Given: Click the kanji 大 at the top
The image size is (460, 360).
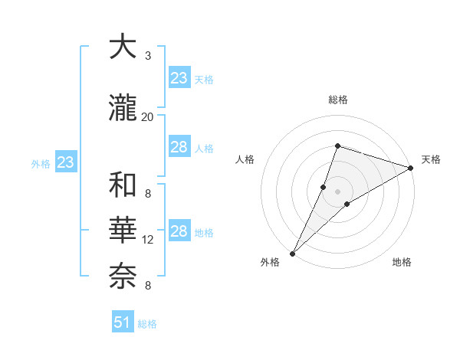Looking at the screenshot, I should [125, 47].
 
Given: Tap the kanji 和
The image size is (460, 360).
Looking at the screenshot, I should [125, 185].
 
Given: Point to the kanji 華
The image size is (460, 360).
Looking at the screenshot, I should [125, 231].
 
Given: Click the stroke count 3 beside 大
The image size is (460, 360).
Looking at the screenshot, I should [148, 56].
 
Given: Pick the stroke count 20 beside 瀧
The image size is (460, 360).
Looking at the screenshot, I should [148, 117].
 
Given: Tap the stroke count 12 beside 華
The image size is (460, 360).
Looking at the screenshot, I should [148, 240].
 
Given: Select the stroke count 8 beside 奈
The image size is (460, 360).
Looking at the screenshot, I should [148, 286].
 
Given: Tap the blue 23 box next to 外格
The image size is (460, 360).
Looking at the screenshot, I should [65, 162].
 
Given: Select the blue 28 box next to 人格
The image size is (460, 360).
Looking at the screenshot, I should [179, 147].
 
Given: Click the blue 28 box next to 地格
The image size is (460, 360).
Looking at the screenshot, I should [179, 231].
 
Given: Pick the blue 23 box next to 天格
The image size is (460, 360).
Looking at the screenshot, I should [179, 78].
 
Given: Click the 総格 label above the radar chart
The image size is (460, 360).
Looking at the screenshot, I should [338, 100].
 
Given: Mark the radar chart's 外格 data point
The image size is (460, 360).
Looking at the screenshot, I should [293, 253].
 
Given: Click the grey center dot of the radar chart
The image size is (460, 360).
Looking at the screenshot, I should [338, 191].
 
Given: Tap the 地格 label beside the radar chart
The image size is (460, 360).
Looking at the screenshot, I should [402, 263].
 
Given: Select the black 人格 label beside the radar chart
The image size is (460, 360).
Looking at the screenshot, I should [245, 159].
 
